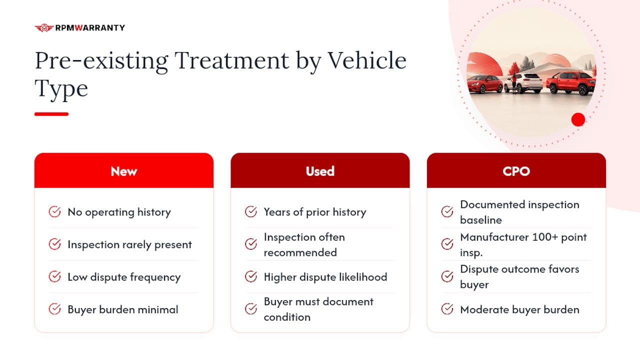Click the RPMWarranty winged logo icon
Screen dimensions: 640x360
pyautogui.click(x=44, y=27)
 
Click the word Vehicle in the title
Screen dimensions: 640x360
pyautogui.click(x=367, y=60)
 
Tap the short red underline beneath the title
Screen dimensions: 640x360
pyautogui.click(x=51, y=114)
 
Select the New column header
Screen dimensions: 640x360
pyautogui.click(x=124, y=170)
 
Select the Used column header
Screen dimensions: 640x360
pyautogui.click(x=320, y=170)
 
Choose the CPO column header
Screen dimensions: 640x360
pyautogui.click(x=516, y=170)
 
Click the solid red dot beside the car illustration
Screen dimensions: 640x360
pyautogui.click(x=578, y=119)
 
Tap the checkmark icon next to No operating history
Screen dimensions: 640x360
pyautogui.click(x=54, y=211)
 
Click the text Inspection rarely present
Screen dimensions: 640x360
pyautogui.click(x=129, y=244)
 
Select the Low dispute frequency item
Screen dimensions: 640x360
pyautogui.click(x=124, y=277)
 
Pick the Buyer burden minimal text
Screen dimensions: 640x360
pyautogui.click(x=123, y=309)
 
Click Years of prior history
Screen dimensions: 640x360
pyautogui.click(x=315, y=212)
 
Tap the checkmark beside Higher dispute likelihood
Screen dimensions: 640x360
pyautogui.click(x=251, y=276)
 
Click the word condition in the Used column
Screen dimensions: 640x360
pyautogui.click(x=287, y=317)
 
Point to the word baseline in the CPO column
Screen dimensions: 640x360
pyautogui.click(x=481, y=220)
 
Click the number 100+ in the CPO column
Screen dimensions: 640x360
pyautogui.click(x=545, y=237)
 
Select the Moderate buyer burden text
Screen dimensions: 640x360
pyautogui.click(x=519, y=309)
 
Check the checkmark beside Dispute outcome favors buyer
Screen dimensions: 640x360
pyautogui.click(x=447, y=276)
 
